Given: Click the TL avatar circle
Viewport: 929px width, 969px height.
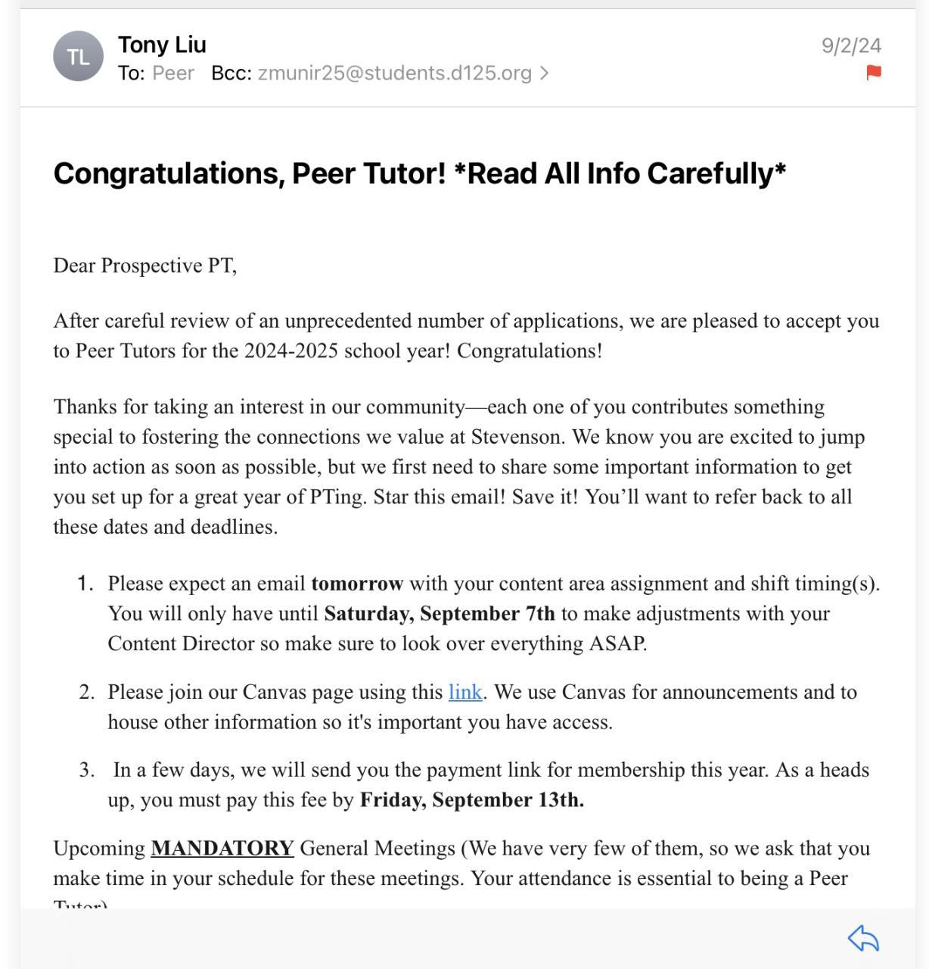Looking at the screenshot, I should click(x=78, y=56).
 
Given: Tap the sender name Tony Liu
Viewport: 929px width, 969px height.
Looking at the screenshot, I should click(x=162, y=45).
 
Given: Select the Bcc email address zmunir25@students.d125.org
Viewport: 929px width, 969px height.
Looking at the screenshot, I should click(x=394, y=73).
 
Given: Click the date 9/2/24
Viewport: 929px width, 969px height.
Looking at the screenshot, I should click(x=851, y=45).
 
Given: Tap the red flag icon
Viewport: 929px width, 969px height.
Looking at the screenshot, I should click(x=873, y=73).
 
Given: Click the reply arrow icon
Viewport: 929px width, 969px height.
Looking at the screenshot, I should click(x=863, y=939).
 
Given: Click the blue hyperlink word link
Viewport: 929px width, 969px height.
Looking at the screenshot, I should click(x=465, y=692).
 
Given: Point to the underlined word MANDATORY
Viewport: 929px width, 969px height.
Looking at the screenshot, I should click(x=222, y=848).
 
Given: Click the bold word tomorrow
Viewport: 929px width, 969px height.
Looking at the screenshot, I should click(x=357, y=584).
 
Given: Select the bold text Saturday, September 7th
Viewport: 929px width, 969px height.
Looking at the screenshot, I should click(x=440, y=613).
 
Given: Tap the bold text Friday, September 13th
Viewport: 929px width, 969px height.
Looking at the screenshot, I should click(x=471, y=800).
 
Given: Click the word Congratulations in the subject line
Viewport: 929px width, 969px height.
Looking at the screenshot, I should click(x=169, y=173).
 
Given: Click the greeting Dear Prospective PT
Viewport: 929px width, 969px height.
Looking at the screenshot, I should click(x=144, y=266).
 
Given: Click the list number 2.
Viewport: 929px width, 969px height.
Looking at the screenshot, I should click(x=86, y=692).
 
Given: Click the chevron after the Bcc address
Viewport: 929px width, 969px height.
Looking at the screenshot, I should click(x=544, y=73).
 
